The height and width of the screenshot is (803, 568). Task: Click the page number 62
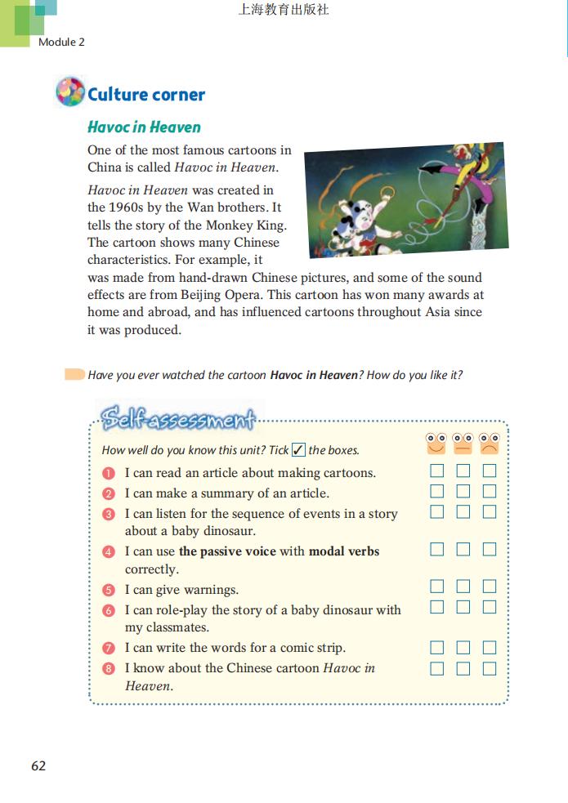click(38, 765)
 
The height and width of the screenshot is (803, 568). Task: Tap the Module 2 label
click(61, 42)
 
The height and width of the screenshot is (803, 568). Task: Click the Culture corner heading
click(146, 95)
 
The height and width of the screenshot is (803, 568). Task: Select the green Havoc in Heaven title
click(144, 127)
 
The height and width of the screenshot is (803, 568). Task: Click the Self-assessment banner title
click(177, 419)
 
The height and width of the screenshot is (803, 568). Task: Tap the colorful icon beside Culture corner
click(70, 92)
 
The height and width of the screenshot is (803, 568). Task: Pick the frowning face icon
click(490, 444)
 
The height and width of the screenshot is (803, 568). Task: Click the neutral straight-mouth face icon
click(463, 444)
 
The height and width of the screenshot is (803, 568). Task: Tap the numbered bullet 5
click(110, 590)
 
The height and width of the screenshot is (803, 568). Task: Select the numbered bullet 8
click(110, 668)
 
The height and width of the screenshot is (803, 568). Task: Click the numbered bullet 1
click(110, 473)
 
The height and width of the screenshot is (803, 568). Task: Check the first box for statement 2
click(437, 491)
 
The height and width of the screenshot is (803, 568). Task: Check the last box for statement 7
click(490, 648)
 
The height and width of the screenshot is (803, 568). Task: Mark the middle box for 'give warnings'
click(463, 587)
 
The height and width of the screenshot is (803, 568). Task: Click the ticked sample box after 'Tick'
click(298, 450)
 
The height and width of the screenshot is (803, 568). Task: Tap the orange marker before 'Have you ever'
click(74, 375)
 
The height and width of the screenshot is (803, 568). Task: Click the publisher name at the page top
click(284, 11)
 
